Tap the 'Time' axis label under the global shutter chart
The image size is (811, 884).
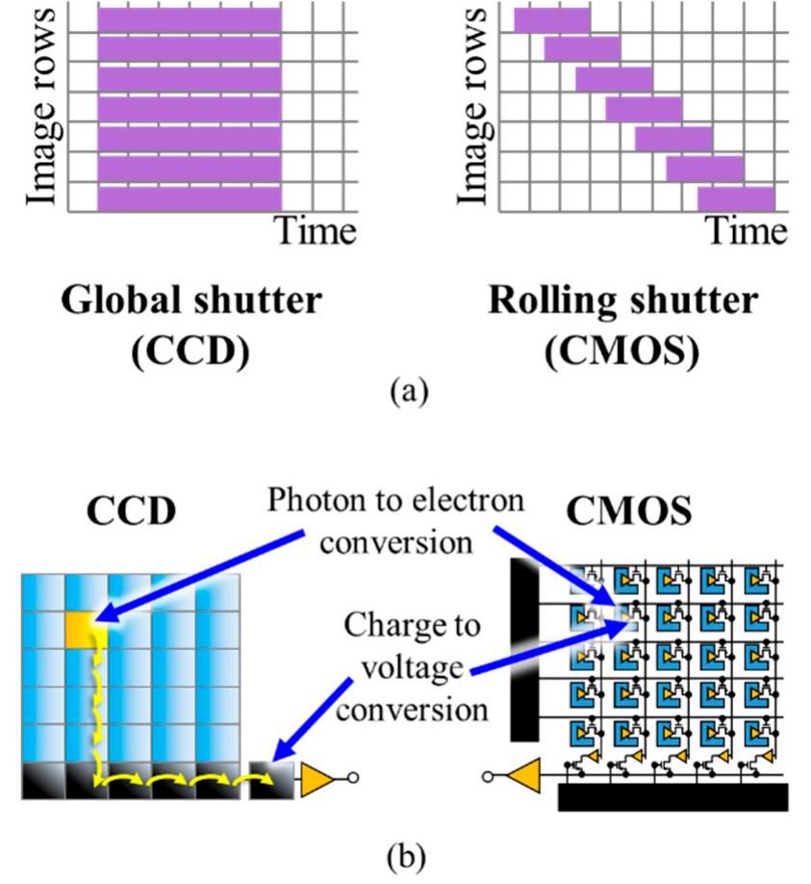click(x=317, y=231)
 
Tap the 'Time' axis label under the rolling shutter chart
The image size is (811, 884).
click(x=748, y=231)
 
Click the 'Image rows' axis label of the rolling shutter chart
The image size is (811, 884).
click(x=472, y=106)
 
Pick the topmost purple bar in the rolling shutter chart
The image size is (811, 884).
click(x=551, y=19)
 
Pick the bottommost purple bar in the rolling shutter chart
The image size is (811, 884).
click(x=735, y=198)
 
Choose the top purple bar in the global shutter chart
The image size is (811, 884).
click(x=190, y=17)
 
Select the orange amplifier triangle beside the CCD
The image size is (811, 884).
click(x=316, y=778)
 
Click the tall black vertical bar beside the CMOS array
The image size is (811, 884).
click(x=524, y=650)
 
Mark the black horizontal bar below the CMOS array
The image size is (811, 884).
click(x=672, y=797)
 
